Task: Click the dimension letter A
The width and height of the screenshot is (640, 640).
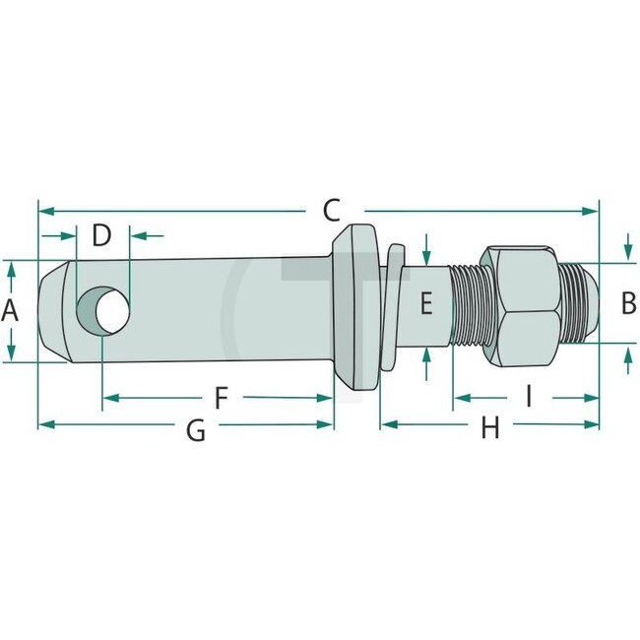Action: point(11,311)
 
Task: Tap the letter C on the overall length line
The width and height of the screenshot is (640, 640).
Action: point(331,210)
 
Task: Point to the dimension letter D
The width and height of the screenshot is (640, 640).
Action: point(102,235)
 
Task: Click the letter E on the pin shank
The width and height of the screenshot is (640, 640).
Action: point(425,303)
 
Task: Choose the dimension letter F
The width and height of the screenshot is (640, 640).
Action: point(222,398)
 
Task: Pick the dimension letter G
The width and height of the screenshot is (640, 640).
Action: point(196,429)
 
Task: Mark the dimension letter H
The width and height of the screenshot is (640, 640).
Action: point(489,428)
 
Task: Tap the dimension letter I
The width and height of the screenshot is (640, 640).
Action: point(528,398)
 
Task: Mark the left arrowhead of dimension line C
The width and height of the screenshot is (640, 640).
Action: point(44,210)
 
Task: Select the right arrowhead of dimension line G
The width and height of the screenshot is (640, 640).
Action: point(327,424)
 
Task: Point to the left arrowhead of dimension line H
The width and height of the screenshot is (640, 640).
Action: point(386,424)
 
